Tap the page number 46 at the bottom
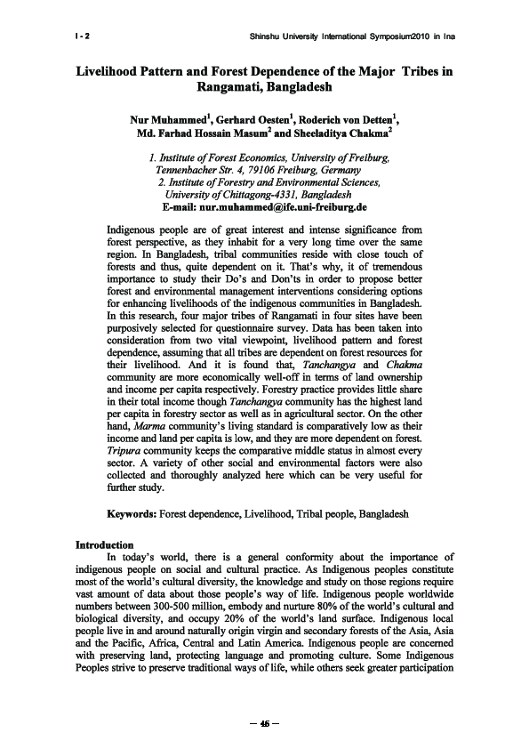coord(264,721)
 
